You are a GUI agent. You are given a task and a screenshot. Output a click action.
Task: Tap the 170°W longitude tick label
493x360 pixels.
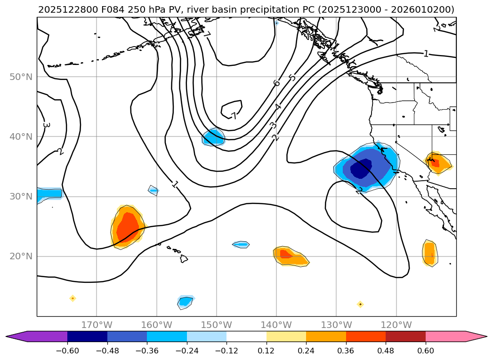[x=97, y=325]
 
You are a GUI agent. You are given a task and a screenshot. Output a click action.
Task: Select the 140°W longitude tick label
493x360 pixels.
[x=276, y=325]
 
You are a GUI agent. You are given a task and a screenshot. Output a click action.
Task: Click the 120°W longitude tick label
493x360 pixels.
[x=396, y=325]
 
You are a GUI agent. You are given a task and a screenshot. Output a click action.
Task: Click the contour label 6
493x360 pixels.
[x=276, y=83]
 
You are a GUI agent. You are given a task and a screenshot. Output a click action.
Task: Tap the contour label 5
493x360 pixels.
[x=292, y=77]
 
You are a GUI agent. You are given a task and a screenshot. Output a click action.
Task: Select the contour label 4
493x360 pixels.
[x=278, y=107]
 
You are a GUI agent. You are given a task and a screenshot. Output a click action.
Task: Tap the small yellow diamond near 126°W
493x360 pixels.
[x=360, y=304]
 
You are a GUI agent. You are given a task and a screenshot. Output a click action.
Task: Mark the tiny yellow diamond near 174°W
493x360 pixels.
[x=73, y=298]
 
